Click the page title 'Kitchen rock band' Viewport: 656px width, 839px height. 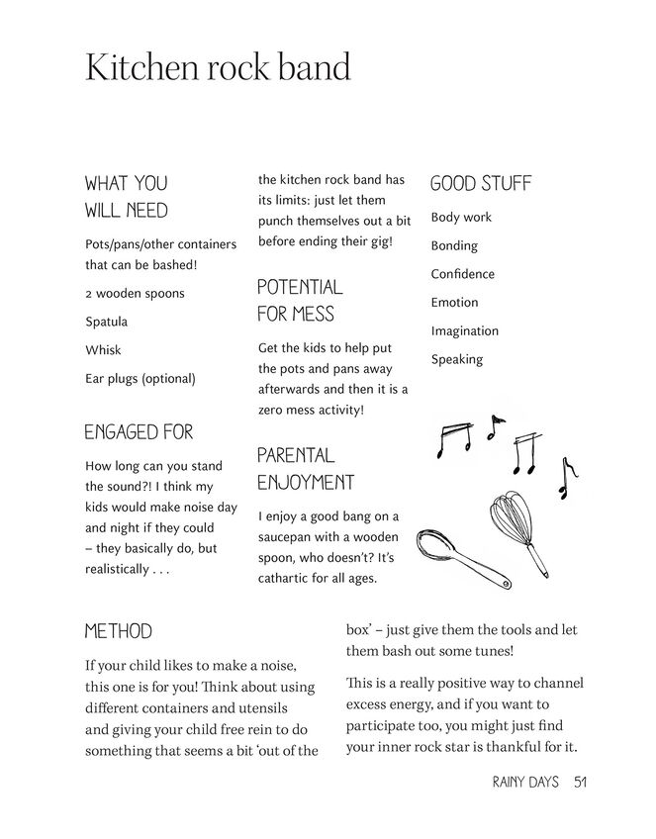(x=218, y=67)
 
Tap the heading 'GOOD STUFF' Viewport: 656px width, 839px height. (x=480, y=184)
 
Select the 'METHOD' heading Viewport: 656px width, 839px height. (x=118, y=631)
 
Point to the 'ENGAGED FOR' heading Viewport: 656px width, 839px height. (x=139, y=432)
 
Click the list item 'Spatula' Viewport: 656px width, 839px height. (x=106, y=322)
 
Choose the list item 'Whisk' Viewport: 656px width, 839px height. (x=103, y=350)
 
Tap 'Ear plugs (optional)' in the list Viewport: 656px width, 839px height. (x=140, y=379)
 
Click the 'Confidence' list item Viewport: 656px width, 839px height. (x=462, y=274)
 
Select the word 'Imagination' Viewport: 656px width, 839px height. (x=464, y=331)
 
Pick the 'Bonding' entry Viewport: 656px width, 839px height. (x=453, y=245)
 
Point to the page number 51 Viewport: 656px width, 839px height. (x=581, y=782)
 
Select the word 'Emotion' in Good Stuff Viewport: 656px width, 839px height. (x=454, y=303)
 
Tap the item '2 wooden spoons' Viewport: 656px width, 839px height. (x=135, y=294)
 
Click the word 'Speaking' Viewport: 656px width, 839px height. (x=456, y=360)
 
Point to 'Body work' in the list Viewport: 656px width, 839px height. (x=460, y=218)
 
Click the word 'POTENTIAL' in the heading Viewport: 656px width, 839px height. (x=300, y=288)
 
